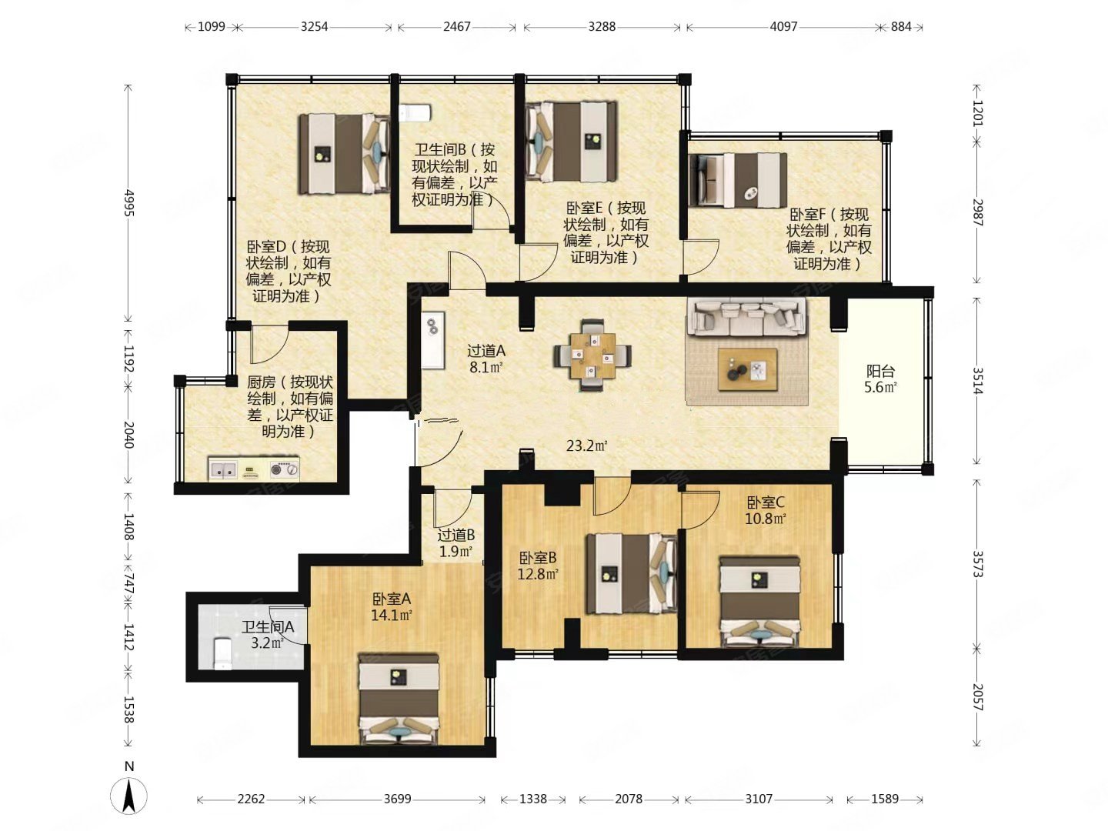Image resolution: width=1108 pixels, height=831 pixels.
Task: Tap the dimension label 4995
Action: [x=129, y=202]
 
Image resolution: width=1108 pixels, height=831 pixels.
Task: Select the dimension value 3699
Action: [x=397, y=799]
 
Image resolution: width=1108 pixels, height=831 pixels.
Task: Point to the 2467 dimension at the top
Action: [x=457, y=26]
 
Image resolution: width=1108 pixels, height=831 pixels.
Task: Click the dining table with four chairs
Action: [x=592, y=355]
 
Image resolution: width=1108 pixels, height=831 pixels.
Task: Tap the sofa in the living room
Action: [x=746, y=317]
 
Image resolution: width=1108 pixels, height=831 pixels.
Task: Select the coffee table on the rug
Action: [x=747, y=369]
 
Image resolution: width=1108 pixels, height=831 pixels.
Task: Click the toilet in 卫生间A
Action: [x=222, y=653]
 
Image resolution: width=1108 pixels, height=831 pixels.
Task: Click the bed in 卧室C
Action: [x=759, y=602]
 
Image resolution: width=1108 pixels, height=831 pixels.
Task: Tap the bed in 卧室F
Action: [x=738, y=180]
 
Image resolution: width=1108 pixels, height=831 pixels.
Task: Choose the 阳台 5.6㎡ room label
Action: [x=880, y=379]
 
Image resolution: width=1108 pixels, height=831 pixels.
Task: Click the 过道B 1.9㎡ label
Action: [x=456, y=543]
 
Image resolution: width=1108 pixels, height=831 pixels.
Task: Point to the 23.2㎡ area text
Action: [x=586, y=446]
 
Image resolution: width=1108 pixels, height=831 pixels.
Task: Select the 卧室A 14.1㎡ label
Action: [x=392, y=607]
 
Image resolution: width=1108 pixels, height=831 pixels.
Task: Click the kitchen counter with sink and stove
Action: [x=253, y=469]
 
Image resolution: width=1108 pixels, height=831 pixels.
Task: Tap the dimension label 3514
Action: [x=978, y=380]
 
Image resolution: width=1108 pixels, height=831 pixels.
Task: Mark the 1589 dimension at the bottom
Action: [x=885, y=799]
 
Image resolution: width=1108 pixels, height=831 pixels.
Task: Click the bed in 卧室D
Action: [x=344, y=153]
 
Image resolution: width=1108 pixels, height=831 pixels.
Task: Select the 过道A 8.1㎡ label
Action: [x=486, y=359]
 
